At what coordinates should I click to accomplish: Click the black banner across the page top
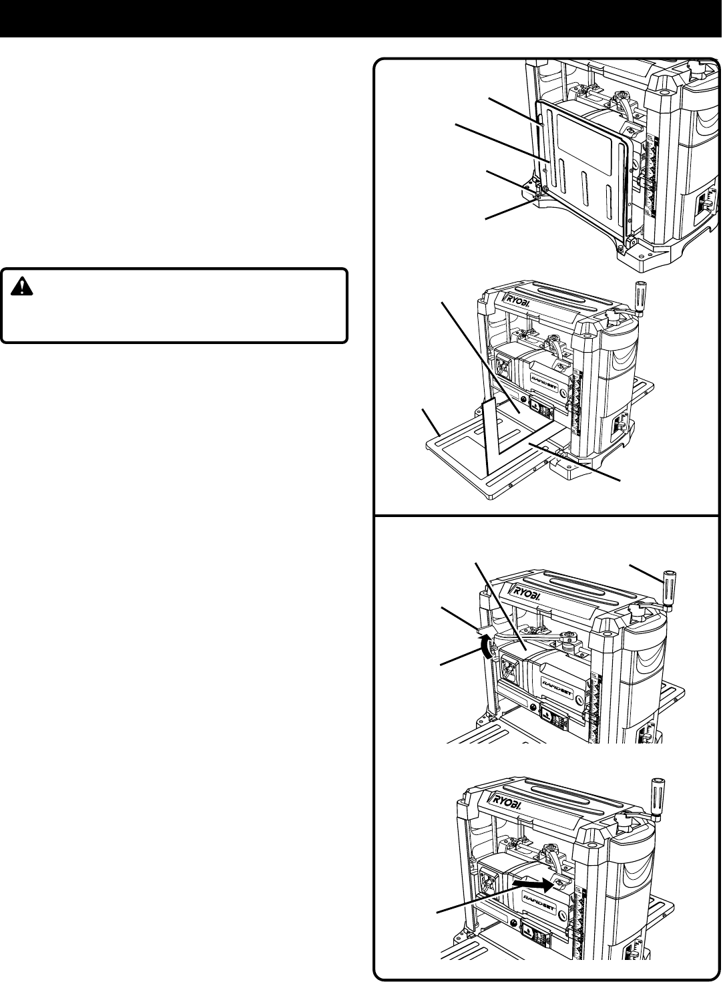[361, 17]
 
